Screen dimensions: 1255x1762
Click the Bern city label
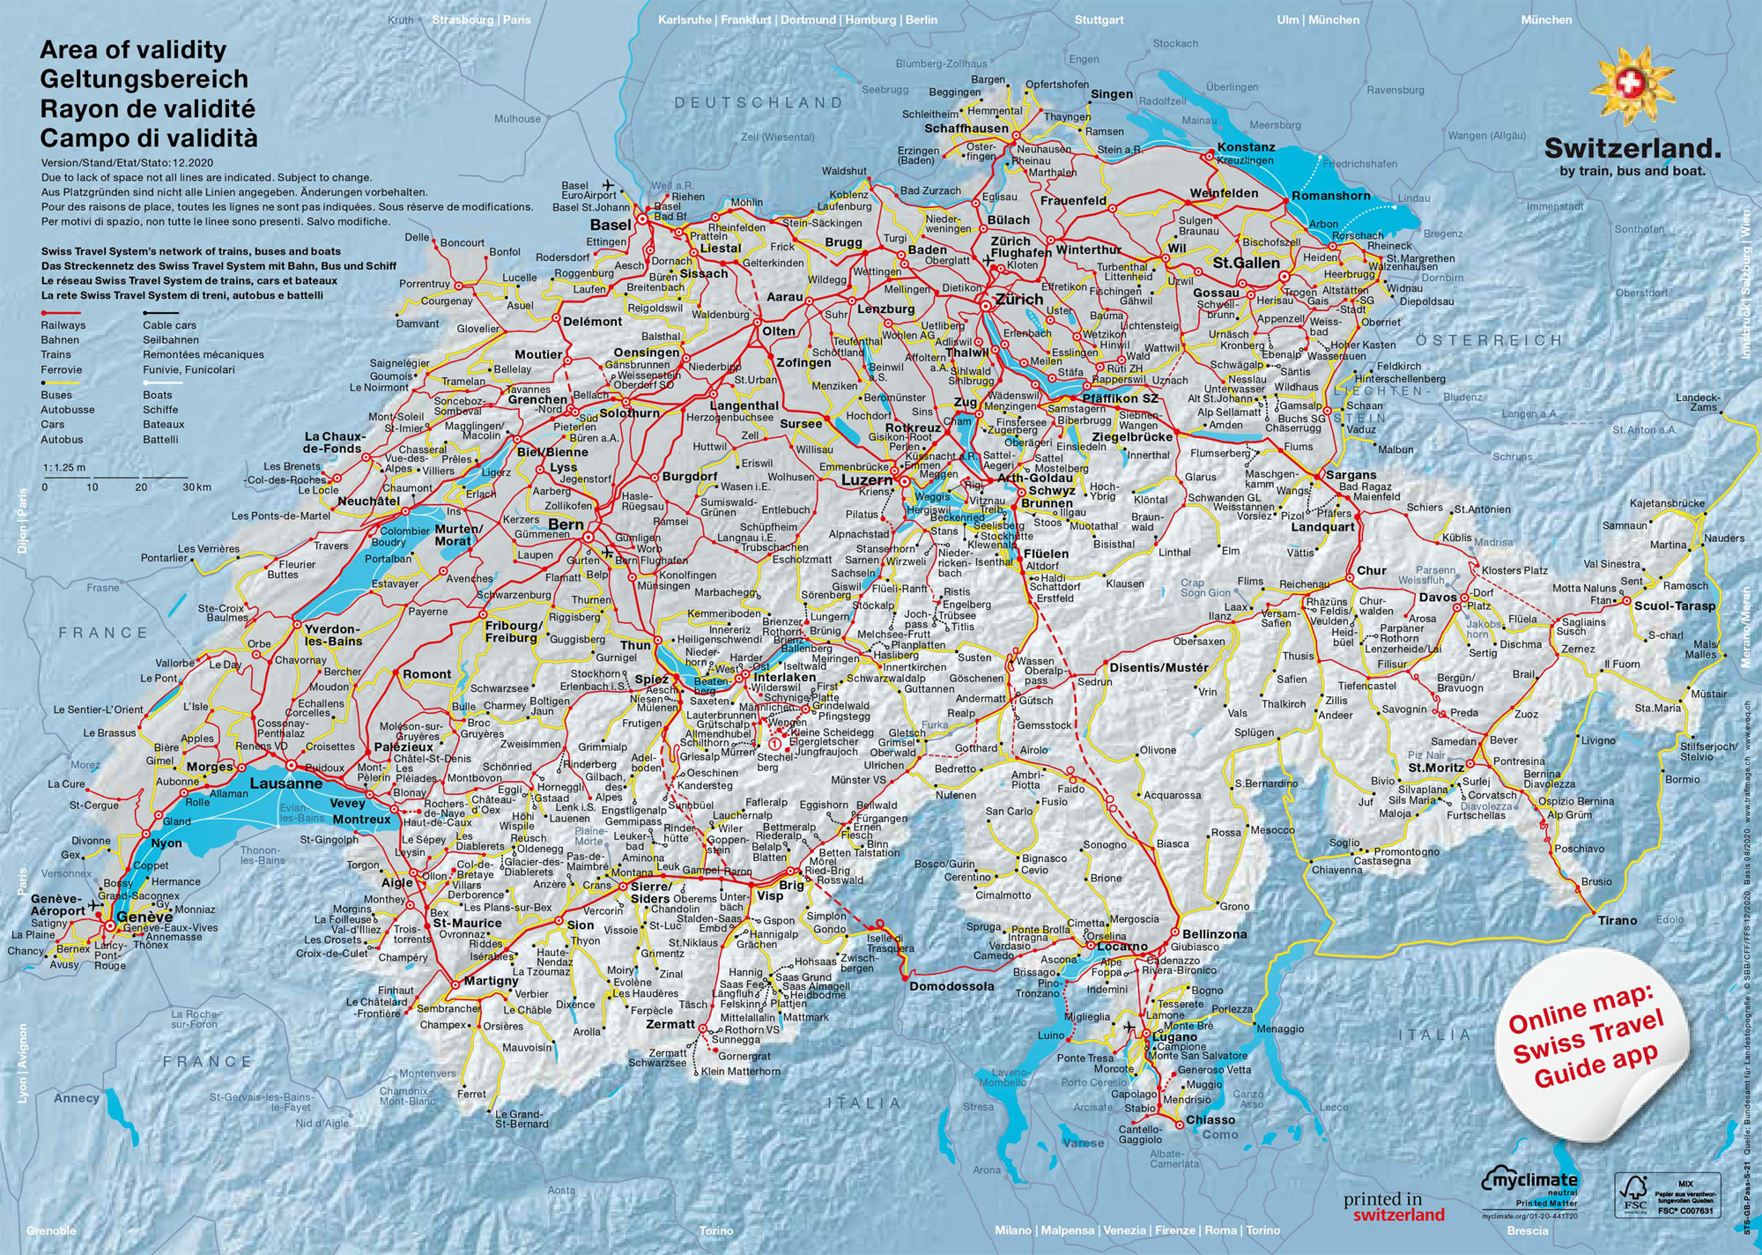pos(566,524)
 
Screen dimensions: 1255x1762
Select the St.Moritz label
pos(1436,768)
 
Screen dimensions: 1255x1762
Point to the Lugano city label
pos(1174,1037)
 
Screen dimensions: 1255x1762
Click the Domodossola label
pos(951,986)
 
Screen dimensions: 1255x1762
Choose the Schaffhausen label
pos(966,129)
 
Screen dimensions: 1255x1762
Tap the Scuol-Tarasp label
pos(1675,606)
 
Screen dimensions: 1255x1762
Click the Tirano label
pos(1618,920)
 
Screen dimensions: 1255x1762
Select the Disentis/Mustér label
pos(1159,667)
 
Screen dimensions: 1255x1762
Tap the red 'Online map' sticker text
pos(1585,1040)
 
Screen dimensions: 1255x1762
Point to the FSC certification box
pos(1665,1195)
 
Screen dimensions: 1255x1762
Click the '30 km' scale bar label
pos(196,487)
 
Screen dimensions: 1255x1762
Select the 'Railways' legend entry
pos(63,325)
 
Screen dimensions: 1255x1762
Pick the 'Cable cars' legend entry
pos(169,325)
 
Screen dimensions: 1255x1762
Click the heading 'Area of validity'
pos(132,50)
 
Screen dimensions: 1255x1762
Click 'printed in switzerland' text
pos(1394,1207)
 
